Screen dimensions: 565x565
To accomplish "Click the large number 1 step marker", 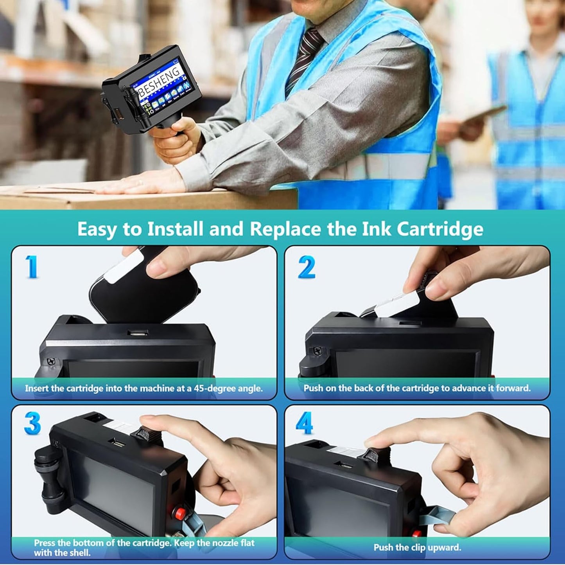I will coord(32,267).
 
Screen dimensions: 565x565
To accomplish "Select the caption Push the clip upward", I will coord(417,547).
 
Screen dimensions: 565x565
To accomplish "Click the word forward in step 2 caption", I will coord(513,389).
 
